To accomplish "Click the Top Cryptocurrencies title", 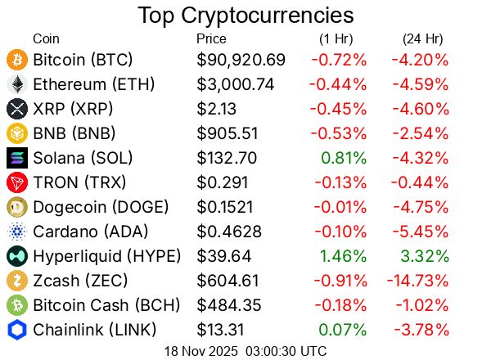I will pyautogui.click(x=245, y=16).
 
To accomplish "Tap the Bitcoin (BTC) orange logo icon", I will pyautogui.click(x=16, y=60).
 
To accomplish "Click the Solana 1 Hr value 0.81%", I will pyautogui.click(x=343, y=158).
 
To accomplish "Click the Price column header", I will pyautogui.click(x=211, y=38).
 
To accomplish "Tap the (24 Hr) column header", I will pyautogui.click(x=422, y=38).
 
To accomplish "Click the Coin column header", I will pyautogui.click(x=46, y=38).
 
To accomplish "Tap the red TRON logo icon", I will pyautogui.click(x=16, y=182).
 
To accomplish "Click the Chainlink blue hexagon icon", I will pyautogui.click(x=16, y=330).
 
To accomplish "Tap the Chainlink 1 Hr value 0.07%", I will pyautogui.click(x=343, y=330).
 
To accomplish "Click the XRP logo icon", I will pyautogui.click(x=16, y=109).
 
